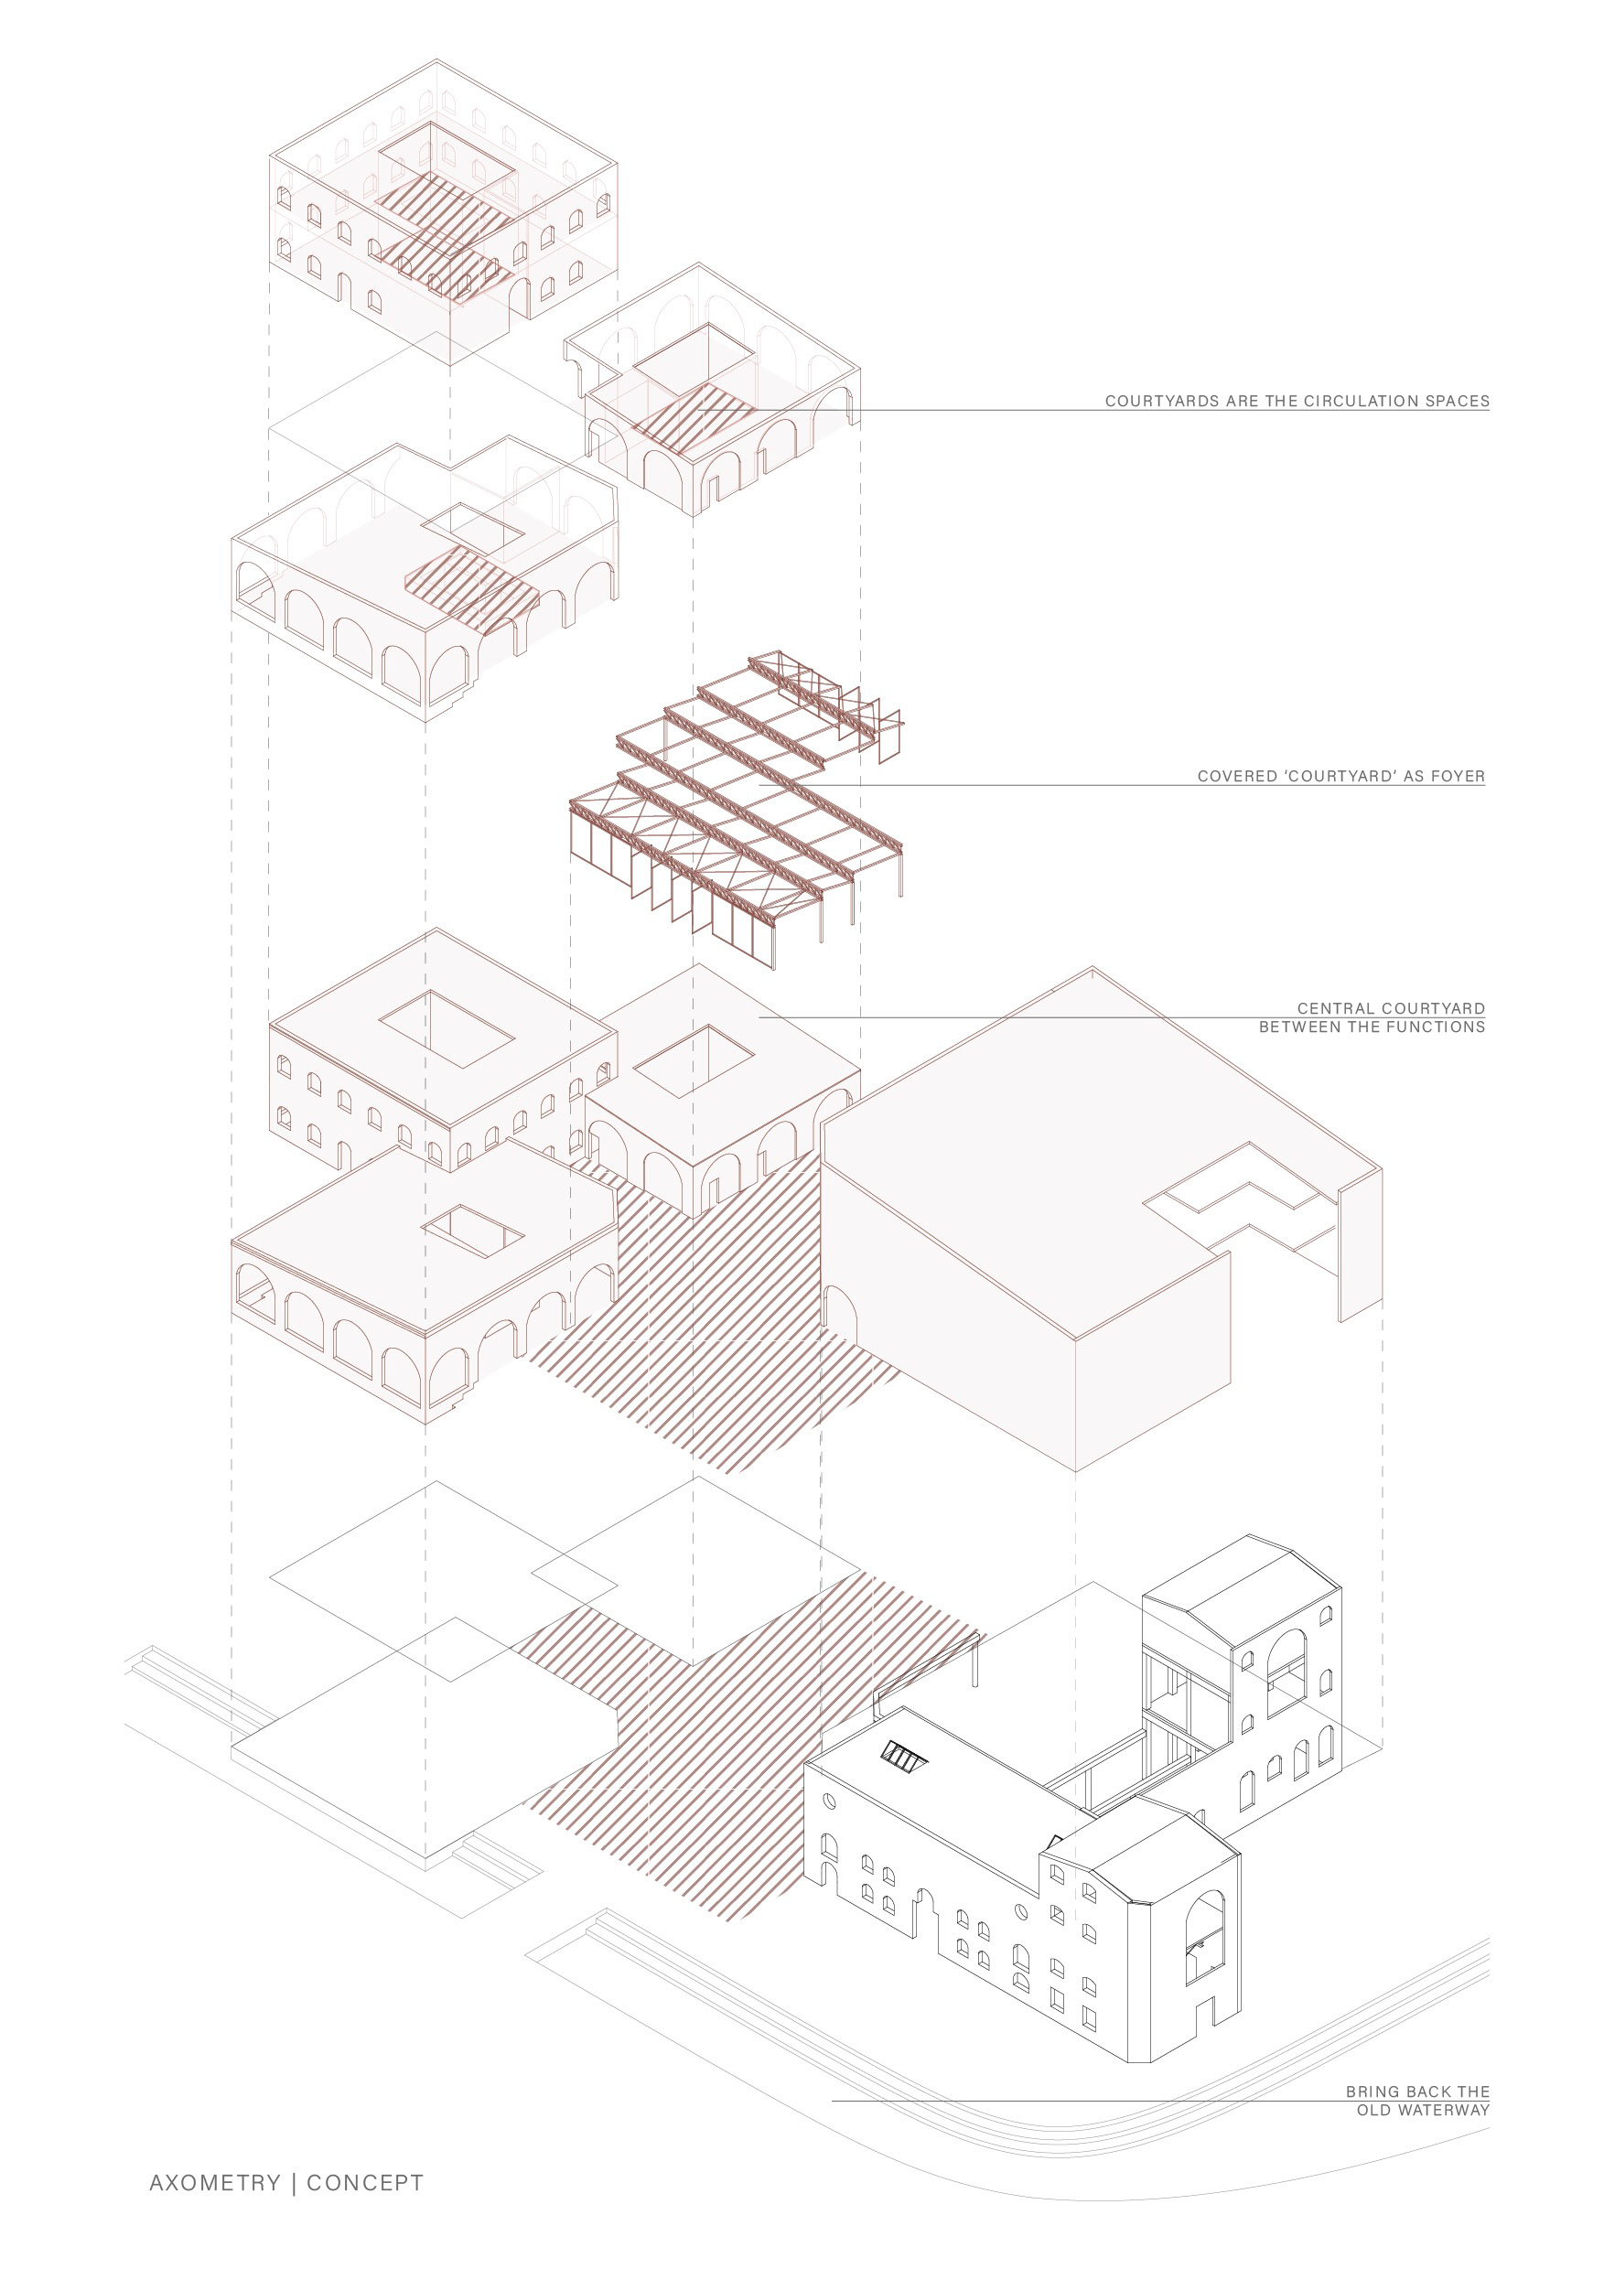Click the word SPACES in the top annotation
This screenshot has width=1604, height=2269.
[1458, 402]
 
